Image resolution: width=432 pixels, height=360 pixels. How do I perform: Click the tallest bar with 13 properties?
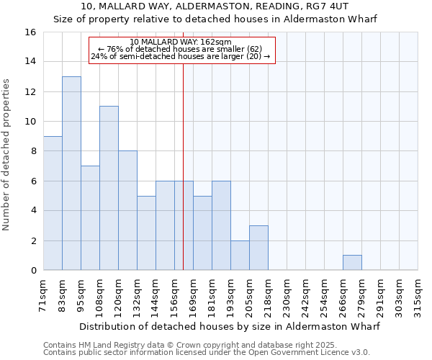click(x=71, y=173)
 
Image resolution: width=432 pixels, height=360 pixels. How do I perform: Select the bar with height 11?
click(x=109, y=188)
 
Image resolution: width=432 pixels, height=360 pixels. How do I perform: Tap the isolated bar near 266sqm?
click(x=352, y=263)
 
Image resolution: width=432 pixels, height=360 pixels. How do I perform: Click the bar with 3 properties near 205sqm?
click(x=258, y=248)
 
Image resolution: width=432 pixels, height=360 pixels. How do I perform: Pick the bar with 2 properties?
click(x=240, y=256)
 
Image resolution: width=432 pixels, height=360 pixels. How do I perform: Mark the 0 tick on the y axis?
click(x=32, y=271)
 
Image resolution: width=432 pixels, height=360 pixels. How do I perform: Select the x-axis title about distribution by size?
click(x=229, y=326)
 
